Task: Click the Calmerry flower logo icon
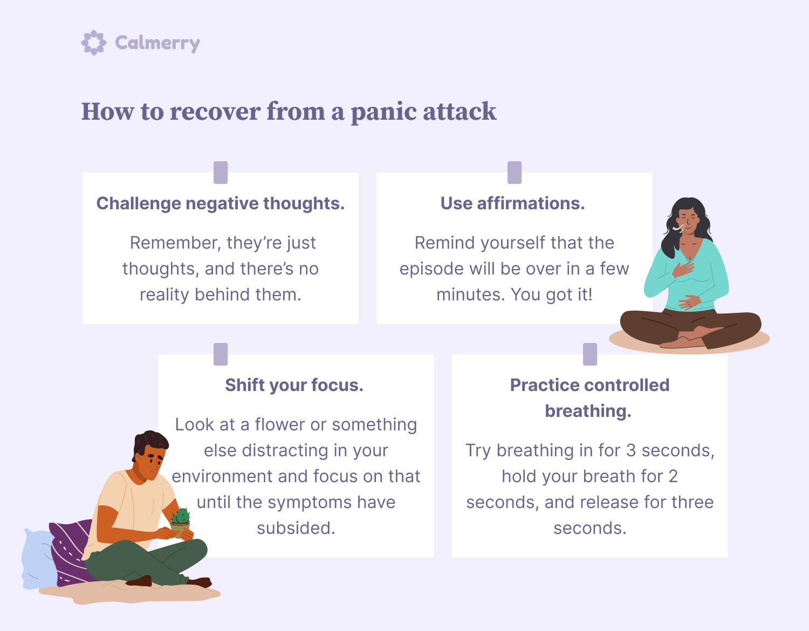(x=94, y=43)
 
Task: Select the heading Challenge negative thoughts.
(x=221, y=203)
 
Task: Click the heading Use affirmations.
(x=513, y=203)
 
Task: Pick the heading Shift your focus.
(x=294, y=385)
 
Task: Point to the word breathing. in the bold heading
(x=588, y=411)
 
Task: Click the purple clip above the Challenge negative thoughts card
(x=221, y=173)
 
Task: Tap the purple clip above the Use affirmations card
(x=515, y=173)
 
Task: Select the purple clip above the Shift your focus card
(x=221, y=354)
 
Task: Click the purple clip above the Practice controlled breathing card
(x=589, y=354)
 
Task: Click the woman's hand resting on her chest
(x=683, y=269)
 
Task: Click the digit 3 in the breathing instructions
(x=630, y=450)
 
